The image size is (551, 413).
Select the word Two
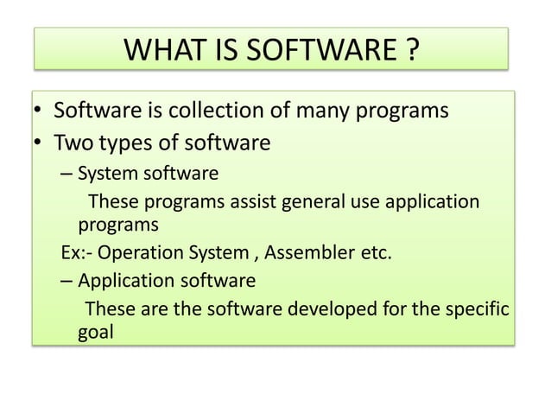(73, 142)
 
